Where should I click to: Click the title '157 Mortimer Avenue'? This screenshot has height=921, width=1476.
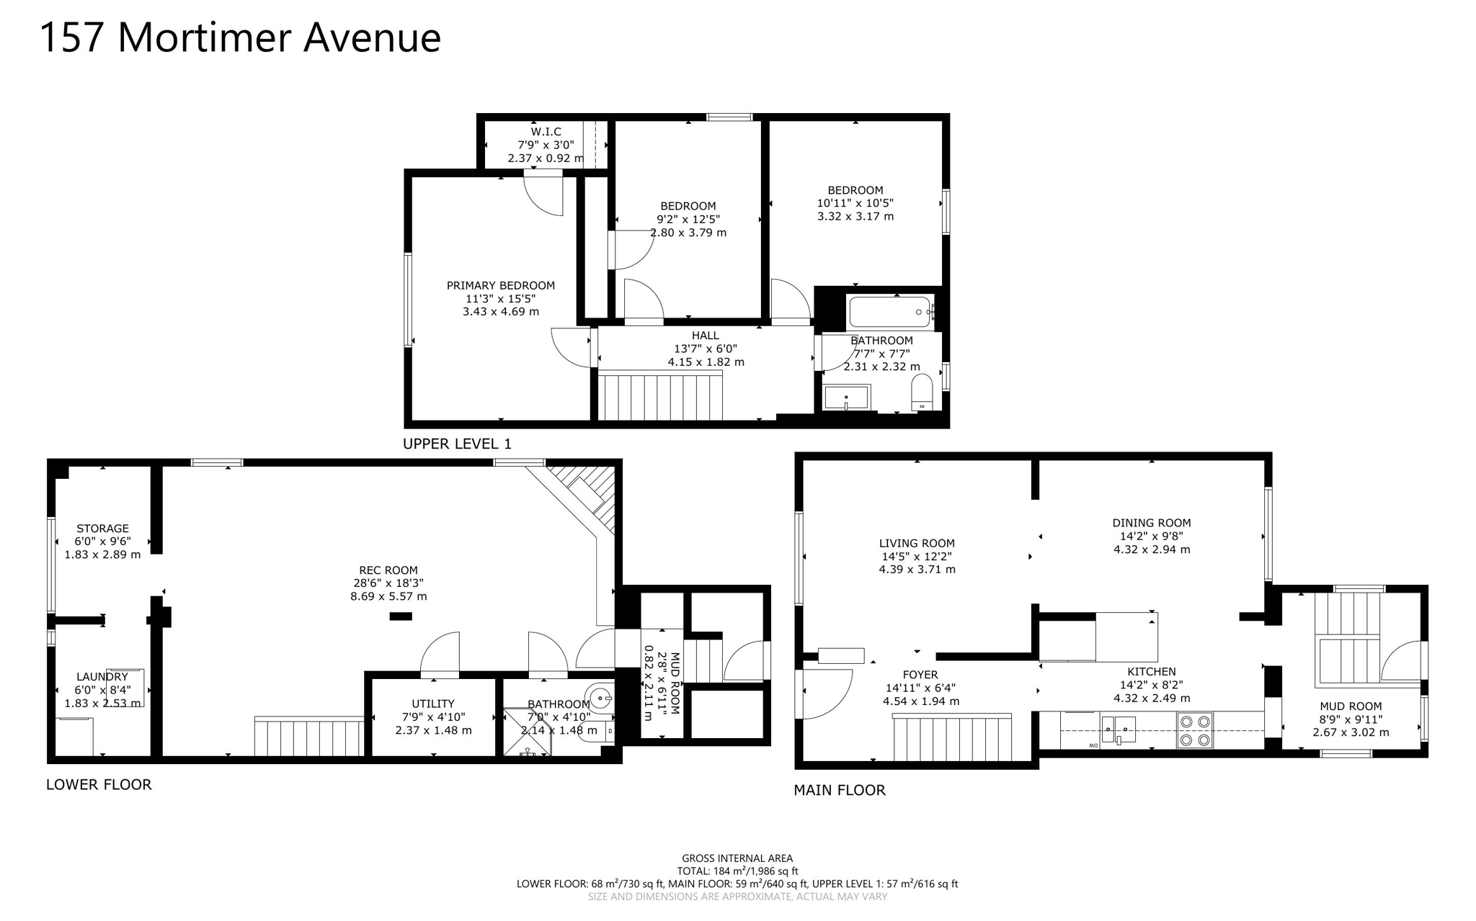click(240, 37)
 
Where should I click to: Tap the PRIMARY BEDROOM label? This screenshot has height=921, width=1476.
click(500, 286)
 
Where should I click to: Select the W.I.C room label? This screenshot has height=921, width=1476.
click(546, 132)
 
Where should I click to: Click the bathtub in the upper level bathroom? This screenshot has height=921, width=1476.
click(890, 313)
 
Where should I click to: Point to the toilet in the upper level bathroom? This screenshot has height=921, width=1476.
click(922, 392)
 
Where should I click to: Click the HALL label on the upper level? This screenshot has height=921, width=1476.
click(705, 336)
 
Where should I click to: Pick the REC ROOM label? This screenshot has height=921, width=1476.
click(388, 570)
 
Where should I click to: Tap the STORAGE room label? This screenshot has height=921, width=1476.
click(102, 529)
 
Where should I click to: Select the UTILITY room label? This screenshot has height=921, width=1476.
click(433, 704)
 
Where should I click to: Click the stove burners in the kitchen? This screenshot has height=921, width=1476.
click(1195, 729)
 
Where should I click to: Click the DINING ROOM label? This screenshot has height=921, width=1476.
click(1151, 524)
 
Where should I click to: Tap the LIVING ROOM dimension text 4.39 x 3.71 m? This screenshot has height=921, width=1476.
click(917, 570)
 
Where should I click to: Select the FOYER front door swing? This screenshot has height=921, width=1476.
click(825, 693)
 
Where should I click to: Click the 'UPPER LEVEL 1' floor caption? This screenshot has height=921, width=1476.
click(457, 444)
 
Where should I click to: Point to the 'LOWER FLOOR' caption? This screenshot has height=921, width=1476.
click(99, 785)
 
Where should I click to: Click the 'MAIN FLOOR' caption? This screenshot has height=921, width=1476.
click(839, 791)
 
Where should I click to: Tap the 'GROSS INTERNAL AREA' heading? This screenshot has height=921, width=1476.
click(737, 858)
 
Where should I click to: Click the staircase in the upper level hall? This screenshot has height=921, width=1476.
click(661, 396)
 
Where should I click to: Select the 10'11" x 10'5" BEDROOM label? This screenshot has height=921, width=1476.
click(855, 191)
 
